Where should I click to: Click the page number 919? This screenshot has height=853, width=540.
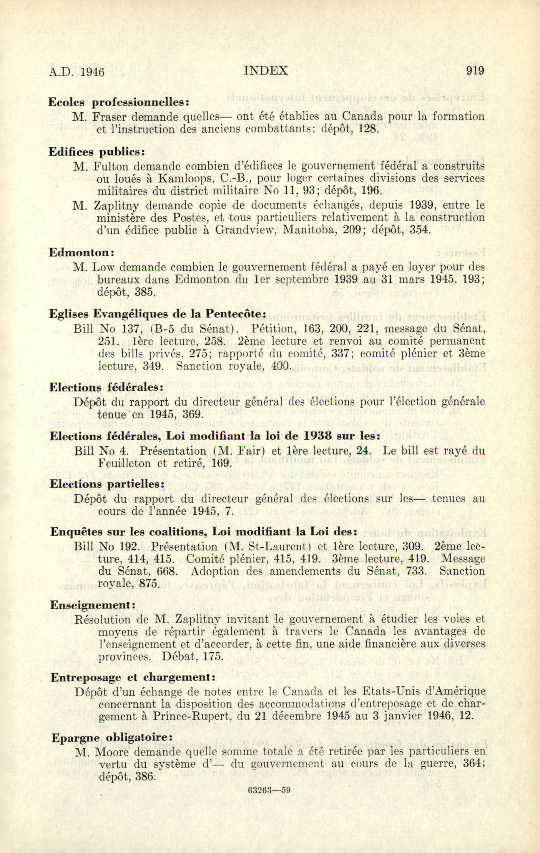(475, 71)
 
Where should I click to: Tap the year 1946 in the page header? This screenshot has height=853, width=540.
(92, 72)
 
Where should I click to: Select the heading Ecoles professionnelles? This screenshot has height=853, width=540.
(118, 102)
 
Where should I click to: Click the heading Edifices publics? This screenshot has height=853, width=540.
(97, 152)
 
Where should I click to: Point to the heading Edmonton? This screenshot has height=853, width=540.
(81, 252)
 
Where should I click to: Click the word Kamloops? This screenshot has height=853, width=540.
(185, 178)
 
